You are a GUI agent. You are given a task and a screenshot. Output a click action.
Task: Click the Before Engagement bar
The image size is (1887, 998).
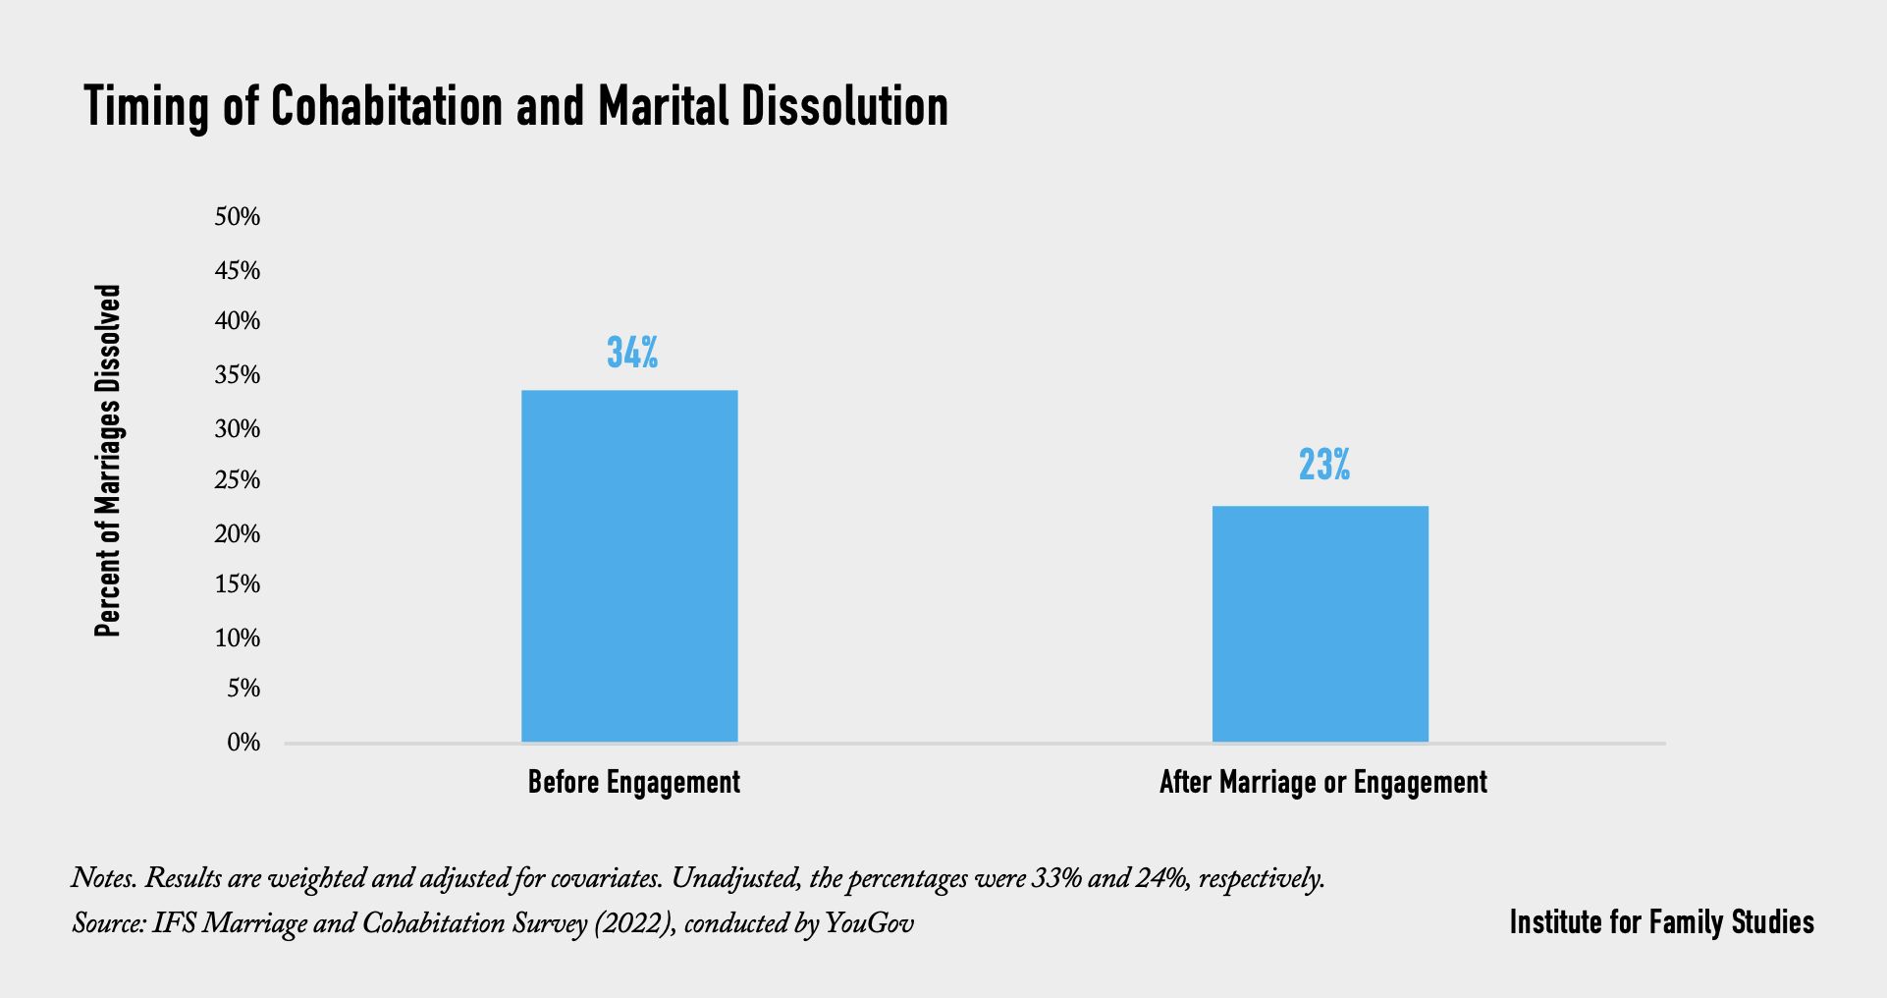point(629,566)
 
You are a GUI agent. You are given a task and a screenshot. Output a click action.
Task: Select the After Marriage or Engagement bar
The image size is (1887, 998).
point(1320,624)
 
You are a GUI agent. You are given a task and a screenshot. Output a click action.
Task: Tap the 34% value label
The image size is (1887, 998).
point(632,353)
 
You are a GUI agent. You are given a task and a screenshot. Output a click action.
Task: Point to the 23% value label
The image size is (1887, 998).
point(1323,465)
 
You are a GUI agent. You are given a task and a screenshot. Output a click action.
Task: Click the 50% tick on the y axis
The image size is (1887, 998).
point(238,217)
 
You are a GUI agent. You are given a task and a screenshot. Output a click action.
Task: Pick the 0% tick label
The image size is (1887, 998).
point(243,743)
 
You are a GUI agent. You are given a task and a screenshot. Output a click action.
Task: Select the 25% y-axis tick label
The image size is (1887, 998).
point(238,480)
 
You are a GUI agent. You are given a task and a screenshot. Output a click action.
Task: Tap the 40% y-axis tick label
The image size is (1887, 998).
point(238,322)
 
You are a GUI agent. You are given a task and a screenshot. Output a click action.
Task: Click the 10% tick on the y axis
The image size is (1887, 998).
point(238,638)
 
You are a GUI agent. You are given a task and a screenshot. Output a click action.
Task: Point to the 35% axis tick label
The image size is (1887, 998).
point(238,375)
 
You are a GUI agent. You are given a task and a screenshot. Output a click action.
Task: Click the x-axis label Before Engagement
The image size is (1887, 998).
point(633,783)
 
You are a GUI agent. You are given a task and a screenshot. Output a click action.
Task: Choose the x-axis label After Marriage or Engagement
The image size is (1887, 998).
point(1322,783)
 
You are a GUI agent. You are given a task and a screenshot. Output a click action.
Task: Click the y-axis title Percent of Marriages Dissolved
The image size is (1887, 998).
point(107,461)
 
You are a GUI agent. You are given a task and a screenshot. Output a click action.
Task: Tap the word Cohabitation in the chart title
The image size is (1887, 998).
point(387,106)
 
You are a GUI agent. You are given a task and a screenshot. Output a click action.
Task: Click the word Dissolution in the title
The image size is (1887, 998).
point(844,106)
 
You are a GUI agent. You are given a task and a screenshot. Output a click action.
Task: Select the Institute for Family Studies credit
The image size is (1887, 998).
point(1661,922)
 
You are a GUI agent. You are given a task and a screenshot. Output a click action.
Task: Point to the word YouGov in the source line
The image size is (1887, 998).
point(870,924)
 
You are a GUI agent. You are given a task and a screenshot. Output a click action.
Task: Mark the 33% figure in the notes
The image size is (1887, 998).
point(1056,878)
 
